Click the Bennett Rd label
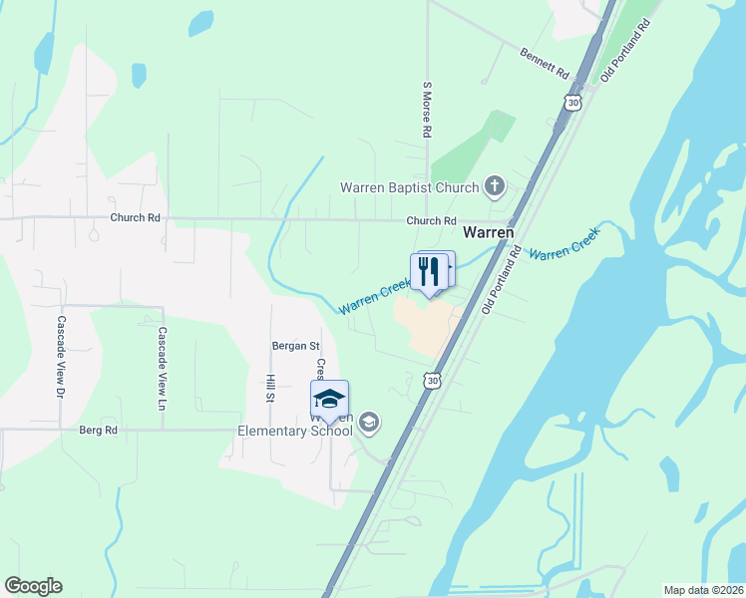coord(544,63)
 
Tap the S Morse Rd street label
coord(426,110)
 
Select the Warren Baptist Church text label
coord(409,186)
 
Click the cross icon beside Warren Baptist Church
coord(494,185)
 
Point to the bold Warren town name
coord(489,232)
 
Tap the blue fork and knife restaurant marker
coord(429,271)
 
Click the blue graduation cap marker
coord(329,399)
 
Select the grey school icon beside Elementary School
coord(369,424)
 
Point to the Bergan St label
coord(295,346)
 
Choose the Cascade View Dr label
coord(61,358)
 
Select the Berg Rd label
coord(98,431)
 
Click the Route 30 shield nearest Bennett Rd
coord(570,102)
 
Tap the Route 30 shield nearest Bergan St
coord(431,380)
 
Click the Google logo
coord(33,586)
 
